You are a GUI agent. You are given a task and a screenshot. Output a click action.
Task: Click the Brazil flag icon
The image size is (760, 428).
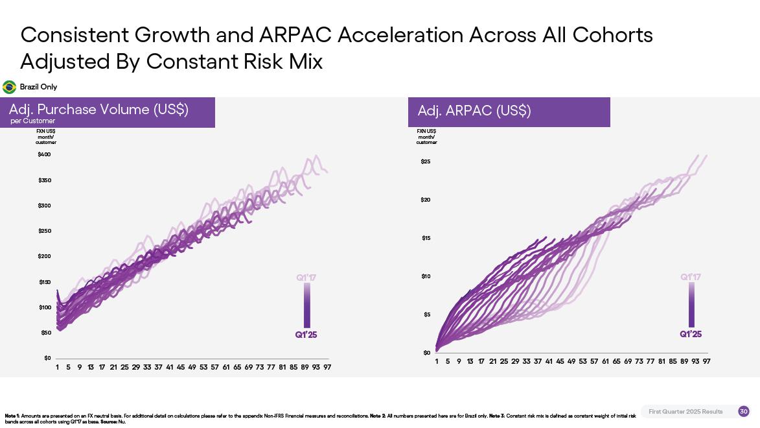10,87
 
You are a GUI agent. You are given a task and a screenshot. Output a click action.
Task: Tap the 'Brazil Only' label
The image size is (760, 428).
38,87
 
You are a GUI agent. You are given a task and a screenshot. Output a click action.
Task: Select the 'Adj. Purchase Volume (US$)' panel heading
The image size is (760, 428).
98,110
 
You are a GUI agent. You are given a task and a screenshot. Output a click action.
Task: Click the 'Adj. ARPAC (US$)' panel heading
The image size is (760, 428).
474,111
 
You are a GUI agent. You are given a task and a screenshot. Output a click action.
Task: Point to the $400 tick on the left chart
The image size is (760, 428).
44,154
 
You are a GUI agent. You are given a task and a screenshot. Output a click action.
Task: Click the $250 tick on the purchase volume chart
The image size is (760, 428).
44,231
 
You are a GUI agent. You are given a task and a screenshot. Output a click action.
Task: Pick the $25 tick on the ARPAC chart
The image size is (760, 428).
426,161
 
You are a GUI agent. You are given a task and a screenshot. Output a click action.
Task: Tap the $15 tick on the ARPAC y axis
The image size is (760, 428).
426,238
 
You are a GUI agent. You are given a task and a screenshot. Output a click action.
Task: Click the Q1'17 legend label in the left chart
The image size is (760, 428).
306,278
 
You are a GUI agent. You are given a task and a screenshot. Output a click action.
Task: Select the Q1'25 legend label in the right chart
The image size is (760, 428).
691,334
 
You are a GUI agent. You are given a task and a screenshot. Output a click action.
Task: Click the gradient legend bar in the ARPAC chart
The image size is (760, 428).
691,305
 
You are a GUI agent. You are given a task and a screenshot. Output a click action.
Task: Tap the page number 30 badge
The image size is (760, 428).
743,411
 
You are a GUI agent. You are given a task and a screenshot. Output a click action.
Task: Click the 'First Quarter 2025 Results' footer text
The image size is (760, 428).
685,412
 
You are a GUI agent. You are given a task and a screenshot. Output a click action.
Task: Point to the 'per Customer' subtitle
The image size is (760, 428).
32,121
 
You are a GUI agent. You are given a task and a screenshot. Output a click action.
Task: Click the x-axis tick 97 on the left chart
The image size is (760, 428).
328,367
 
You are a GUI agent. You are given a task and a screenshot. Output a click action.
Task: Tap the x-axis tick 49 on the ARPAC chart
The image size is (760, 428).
571,361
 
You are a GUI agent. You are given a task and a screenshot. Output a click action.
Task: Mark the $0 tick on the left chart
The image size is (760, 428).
47,358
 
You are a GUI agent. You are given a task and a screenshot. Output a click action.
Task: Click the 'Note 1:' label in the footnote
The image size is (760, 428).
12,416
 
